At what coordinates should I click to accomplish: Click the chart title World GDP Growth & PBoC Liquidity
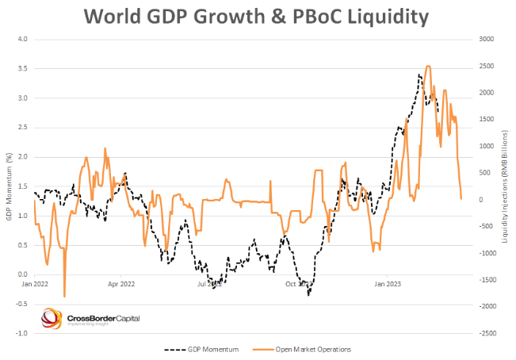tap(258, 15)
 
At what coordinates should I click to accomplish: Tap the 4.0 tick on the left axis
tap(21, 39)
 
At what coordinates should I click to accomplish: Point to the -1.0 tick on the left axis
tap(21, 333)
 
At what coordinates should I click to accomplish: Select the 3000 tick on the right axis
tap(484, 39)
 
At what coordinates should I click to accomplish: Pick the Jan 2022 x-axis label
tap(36, 282)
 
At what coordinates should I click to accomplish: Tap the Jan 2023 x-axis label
tap(387, 282)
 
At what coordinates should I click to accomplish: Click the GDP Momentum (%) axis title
tap(9, 186)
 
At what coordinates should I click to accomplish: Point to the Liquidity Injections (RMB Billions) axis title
tap(504, 186)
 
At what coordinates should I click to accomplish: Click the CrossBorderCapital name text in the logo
tap(103, 317)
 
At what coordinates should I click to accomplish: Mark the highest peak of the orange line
tap(428, 67)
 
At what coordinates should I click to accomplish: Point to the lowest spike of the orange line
tap(64, 297)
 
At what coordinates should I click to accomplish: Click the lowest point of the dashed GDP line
tap(308, 294)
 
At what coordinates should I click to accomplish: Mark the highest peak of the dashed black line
tap(418, 75)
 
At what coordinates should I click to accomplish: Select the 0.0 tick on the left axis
tap(21, 274)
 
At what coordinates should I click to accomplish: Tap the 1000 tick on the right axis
tap(483, 146)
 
